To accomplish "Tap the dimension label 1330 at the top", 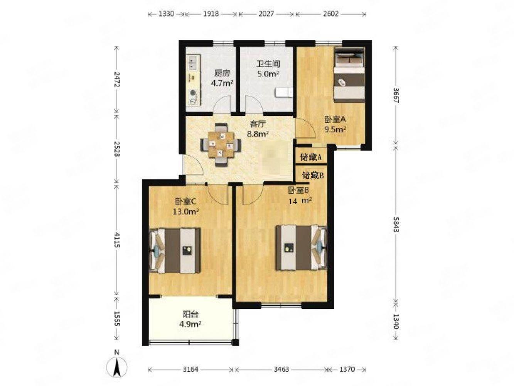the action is click(x=166, y=14).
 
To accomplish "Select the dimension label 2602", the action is click(x=330, y=14).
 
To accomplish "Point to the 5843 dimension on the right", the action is click(x=396, y=224).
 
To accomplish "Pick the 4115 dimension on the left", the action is click(x=117, y=240).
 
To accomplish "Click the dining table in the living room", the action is click(x=221, y=145).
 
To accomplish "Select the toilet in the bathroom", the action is click(x=284, y=92).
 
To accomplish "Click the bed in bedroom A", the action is click(x=349, y=75).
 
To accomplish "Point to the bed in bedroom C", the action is click(x=175, y=251).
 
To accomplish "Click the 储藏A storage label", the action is click(x=311, y=157).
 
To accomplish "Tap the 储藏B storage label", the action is click(x=313, y=175).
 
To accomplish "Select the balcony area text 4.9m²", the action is click(x=190, y=324).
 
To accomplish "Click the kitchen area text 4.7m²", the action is click(x=222, y=83).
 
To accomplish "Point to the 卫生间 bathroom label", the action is click(x=268, y=64).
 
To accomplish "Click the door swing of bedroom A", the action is click(x=305, y=129).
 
